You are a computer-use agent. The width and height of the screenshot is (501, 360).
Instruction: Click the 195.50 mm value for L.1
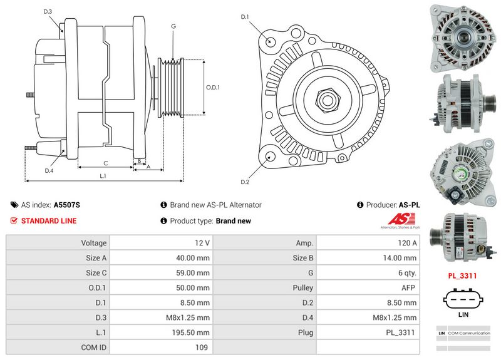coord(191,332)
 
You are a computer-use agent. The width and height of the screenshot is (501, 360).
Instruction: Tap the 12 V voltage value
coord(202,243)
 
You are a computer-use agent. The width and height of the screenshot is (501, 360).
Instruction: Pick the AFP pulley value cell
coord(408,288)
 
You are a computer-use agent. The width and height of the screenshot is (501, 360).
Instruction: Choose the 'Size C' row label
coord(94,273)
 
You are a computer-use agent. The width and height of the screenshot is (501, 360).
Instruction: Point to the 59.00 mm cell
coord(193,273)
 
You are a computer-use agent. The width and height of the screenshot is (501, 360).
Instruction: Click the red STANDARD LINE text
coord(49,221)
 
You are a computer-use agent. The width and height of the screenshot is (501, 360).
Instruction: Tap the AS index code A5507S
coord(66,205)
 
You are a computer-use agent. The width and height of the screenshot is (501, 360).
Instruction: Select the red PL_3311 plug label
coord(463,275)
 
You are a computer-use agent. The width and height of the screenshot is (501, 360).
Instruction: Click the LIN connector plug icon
coord(463,298)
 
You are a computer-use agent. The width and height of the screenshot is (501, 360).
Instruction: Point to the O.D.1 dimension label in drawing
coord(213,87)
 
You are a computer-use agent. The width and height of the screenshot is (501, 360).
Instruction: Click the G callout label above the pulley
coord(173,26)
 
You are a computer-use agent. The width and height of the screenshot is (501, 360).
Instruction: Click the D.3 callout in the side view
coord(48,12)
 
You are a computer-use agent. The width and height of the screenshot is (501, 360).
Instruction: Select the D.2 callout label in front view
coord(245,182)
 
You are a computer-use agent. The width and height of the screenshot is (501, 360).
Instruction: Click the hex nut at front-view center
coord(327,98)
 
